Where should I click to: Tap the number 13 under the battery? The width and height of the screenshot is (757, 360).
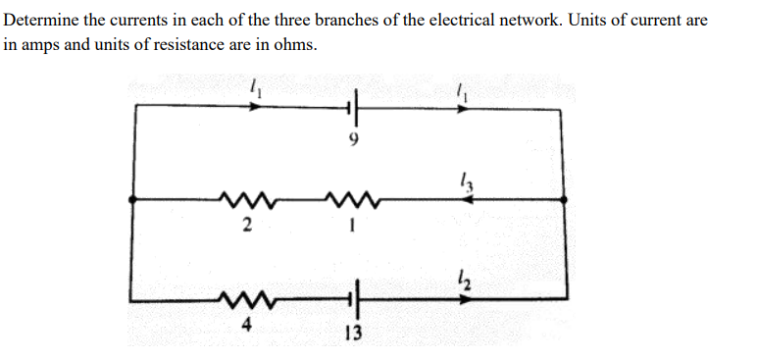pyautogui.click(x=353, y=333)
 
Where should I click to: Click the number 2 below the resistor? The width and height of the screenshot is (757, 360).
pyautogui.click(x=247, y=229)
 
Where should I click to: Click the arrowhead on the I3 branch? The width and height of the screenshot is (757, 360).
pyautogui.click(x=469, y=199)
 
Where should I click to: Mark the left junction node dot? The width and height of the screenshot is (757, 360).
pyautogui.click(x=134, y=199)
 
